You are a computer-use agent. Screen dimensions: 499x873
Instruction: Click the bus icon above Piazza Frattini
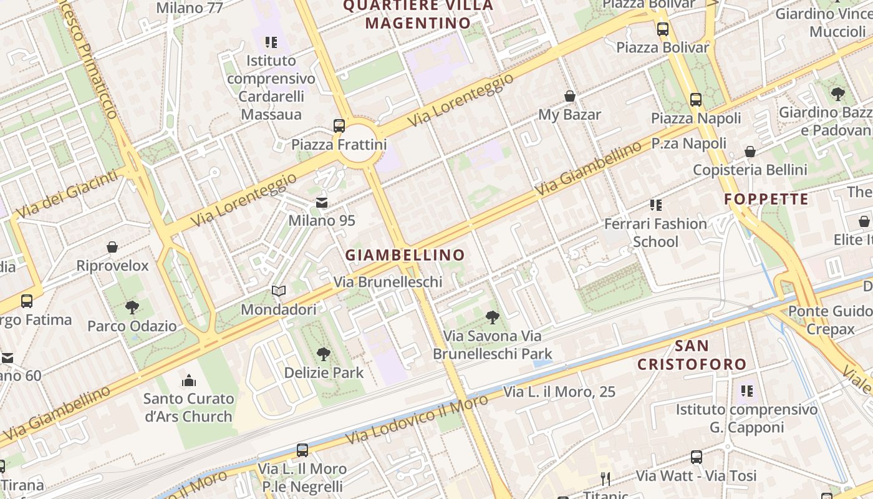click(339, 126)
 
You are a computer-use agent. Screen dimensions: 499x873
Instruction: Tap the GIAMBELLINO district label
click(405, 255)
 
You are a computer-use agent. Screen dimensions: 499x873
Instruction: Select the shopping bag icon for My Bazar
click(569, 96)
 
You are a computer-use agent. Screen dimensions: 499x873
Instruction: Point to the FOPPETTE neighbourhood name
click(766, 200)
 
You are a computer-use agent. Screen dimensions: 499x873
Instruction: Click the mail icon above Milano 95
click(322, 203)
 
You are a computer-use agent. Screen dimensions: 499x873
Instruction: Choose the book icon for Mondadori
click(279, 291)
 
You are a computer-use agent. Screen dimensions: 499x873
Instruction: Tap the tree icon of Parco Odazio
click(132, 307)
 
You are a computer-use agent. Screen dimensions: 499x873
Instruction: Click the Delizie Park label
click(324, 373)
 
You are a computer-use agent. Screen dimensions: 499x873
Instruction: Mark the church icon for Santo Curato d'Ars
click(188, 380)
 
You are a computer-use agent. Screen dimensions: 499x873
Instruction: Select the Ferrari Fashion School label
click(655, 233)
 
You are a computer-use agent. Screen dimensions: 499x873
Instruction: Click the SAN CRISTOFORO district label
click(692, 355)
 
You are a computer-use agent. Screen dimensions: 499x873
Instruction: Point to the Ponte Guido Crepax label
click(830, 320)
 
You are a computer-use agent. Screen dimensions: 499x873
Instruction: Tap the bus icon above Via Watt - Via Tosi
click(697, 457)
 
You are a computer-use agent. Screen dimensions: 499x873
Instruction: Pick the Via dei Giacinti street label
click(67, 194)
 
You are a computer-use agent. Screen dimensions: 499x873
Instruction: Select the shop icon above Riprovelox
click(112, 248)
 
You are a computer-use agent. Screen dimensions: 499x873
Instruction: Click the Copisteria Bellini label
click(750, 170)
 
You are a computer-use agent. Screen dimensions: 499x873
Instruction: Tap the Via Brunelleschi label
click(388, 282)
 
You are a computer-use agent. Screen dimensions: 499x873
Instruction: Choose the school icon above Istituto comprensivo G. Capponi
click(746, 391)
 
